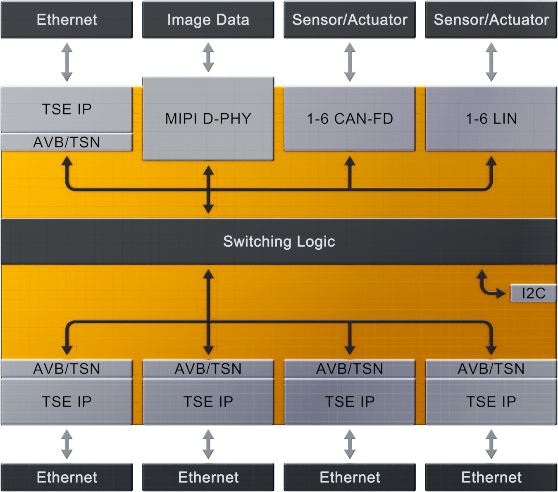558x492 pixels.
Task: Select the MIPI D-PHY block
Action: click(x=208, y=119)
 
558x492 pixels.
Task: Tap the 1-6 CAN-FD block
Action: click(x=350, y=119)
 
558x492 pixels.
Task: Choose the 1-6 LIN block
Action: click(x=491, y=119)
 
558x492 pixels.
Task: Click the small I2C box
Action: click(x=533, y=293)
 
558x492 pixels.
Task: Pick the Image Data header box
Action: click(x=208, y=19)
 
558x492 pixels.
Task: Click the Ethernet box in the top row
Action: click(x=67, y=19)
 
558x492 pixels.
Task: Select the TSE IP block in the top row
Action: click(x=67, y=109)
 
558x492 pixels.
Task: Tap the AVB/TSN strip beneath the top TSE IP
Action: click(x=67, y=142)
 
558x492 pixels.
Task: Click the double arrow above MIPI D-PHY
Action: click(x=208, y=57)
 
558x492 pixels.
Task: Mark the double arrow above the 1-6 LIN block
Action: click(x=491, y=62)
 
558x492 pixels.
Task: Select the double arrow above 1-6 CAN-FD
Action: click(x=350, y=62)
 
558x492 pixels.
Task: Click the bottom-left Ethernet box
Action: click(x=67, y=477)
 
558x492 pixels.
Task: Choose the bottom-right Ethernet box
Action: click(x=491, y=477)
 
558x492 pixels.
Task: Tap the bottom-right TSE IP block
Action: click(x=491, y=401)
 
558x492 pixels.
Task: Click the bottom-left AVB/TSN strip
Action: click(x=67, y=368)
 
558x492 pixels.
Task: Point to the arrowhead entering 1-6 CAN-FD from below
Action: click(x=350, y=161)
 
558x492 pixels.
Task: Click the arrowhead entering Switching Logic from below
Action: click(x=208, y=275)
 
